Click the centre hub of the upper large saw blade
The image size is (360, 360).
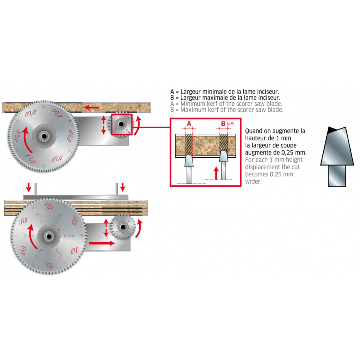click(x=44, y=136)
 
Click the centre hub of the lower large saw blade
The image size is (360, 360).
click(x=49, y=236)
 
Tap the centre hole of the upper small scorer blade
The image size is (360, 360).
click(x=121, y=124)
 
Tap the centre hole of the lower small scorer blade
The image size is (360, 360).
click(x=123, y=227)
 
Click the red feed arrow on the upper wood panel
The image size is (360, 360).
click(x=92, y=107)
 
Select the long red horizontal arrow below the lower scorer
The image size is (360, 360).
click(x=102, y=243)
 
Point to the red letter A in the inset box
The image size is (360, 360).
click(x=189, y=124)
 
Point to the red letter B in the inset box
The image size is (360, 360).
click(x=223, y=124)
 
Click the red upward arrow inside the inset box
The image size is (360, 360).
click(x=216, y=173)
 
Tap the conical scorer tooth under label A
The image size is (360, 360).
click(x=189, y=161)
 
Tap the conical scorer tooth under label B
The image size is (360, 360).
click(x=224, y=156)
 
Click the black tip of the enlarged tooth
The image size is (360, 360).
click(x=331, y=130)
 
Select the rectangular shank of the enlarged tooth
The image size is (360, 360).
click(x=337, y=176)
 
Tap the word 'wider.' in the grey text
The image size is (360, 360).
click(x=253, y=182)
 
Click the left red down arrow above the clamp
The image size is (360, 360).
click(x=29, y=187)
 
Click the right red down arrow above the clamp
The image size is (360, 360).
click(x=123, y=187)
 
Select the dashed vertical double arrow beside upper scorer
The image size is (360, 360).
click(x=104, y=125)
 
